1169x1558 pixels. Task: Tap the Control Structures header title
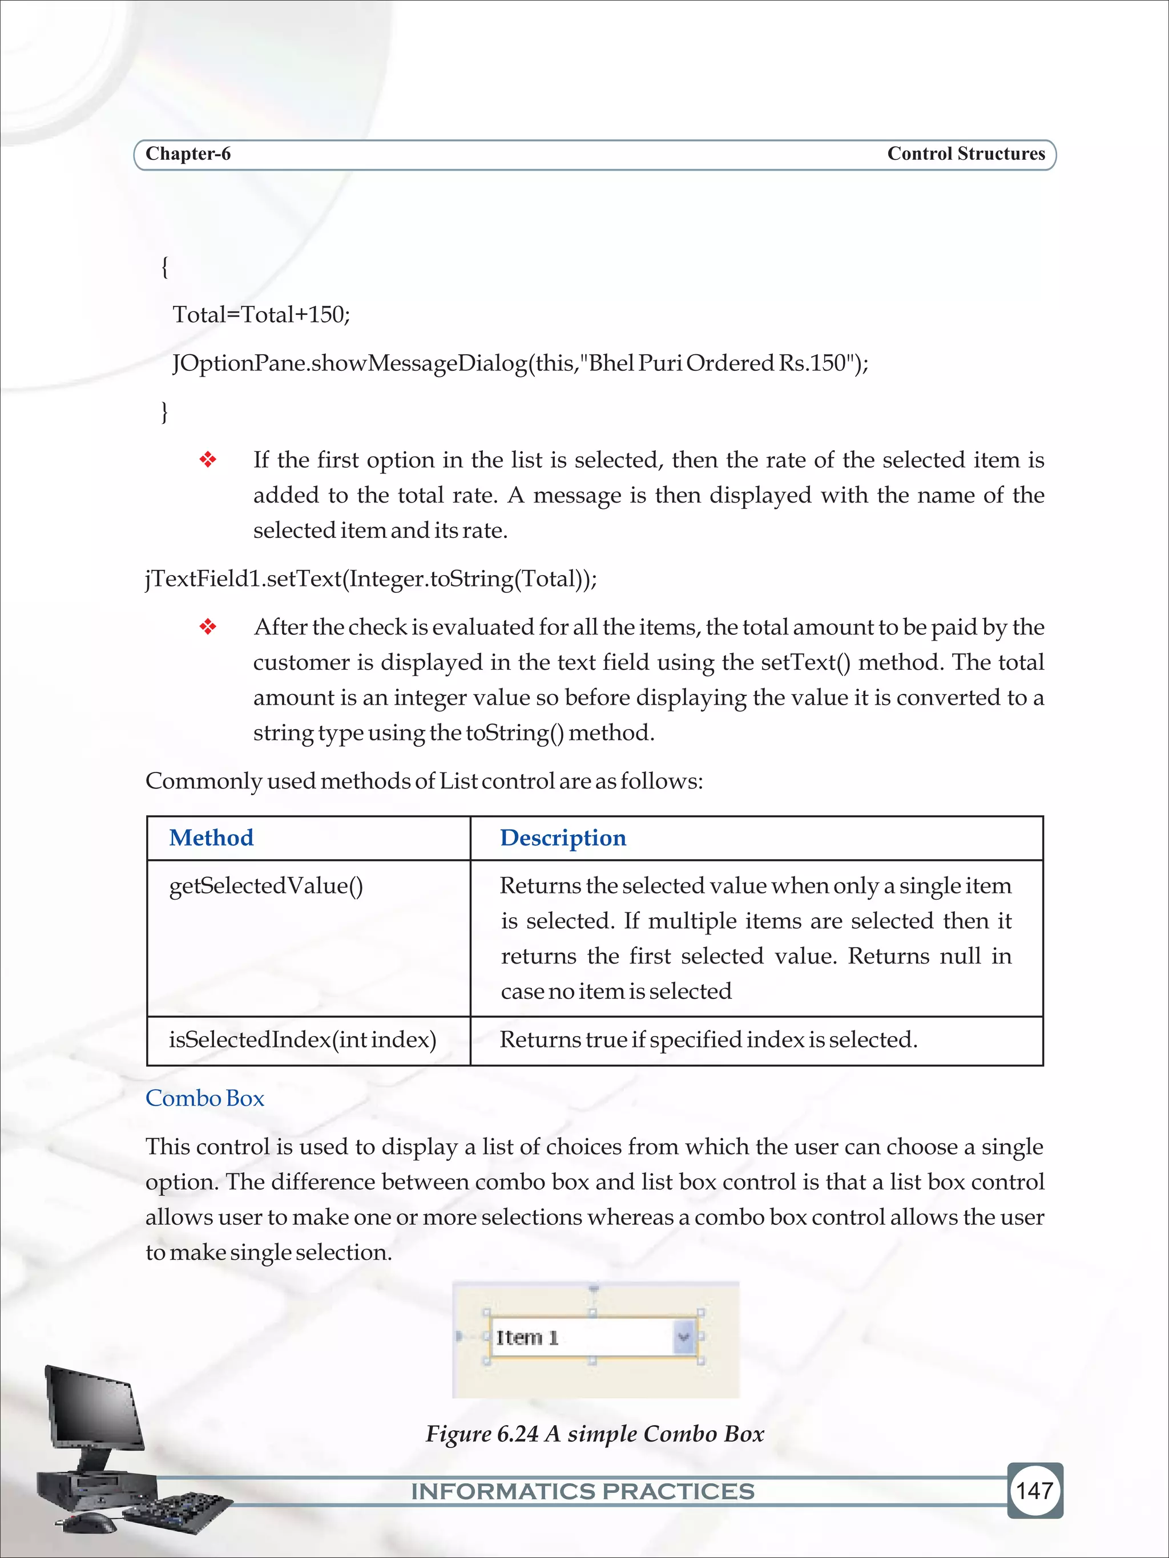pyautogui.click(x=965, y=154)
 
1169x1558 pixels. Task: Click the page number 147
pyautogui.click(x=1034, y=1490)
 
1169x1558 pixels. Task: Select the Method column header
pyautogui.click(x=211, y=837)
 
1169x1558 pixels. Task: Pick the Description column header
pyautogui.click(x=562, y=837)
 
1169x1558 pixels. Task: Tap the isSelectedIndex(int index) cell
pyautogui.click(x=303, y=1039)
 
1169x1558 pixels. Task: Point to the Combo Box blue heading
pyautogui.click(x=204, y=1098)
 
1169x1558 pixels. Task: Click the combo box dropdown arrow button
pyautogui.click(x=683, y=1337)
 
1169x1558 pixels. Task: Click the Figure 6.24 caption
pyautogui.click(x=594, y=1434)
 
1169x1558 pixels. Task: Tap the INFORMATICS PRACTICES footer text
pyautogui.click(x=583, y=1491)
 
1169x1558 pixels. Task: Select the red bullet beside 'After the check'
pyautogui.click(x=208, y=627)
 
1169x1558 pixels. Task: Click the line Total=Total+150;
pyautogui.click(x=261, y=314)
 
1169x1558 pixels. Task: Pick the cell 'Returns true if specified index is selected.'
pyautogui.click(x=708, y=1039)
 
